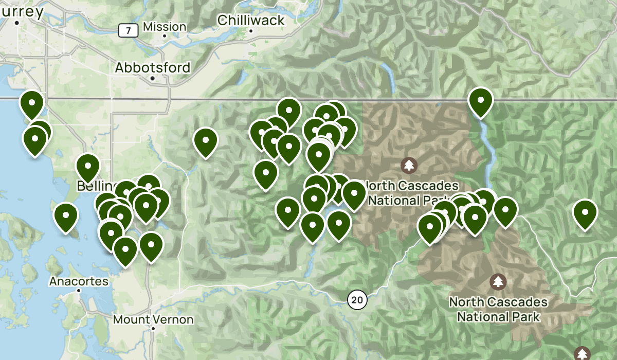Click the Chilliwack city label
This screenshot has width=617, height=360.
tap(251, 20)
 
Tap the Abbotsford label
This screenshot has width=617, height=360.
tap(153, 67)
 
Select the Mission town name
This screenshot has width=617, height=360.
tap(165, 27)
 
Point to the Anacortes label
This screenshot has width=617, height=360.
tap(79, 281)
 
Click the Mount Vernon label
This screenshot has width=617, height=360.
tap(153, 319)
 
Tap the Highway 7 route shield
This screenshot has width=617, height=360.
tap(128, 31)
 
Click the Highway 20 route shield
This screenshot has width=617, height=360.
tap(357, 299)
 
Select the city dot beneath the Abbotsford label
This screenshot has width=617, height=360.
tap(153, 79)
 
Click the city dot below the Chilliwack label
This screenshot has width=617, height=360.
tap(251, 31)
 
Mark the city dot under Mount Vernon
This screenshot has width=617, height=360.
tap(153, 328)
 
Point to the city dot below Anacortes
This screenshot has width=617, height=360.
tap(79, 290)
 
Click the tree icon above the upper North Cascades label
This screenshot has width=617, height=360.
tap(409, 165)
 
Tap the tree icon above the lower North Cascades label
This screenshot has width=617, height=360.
tap(497, 281)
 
